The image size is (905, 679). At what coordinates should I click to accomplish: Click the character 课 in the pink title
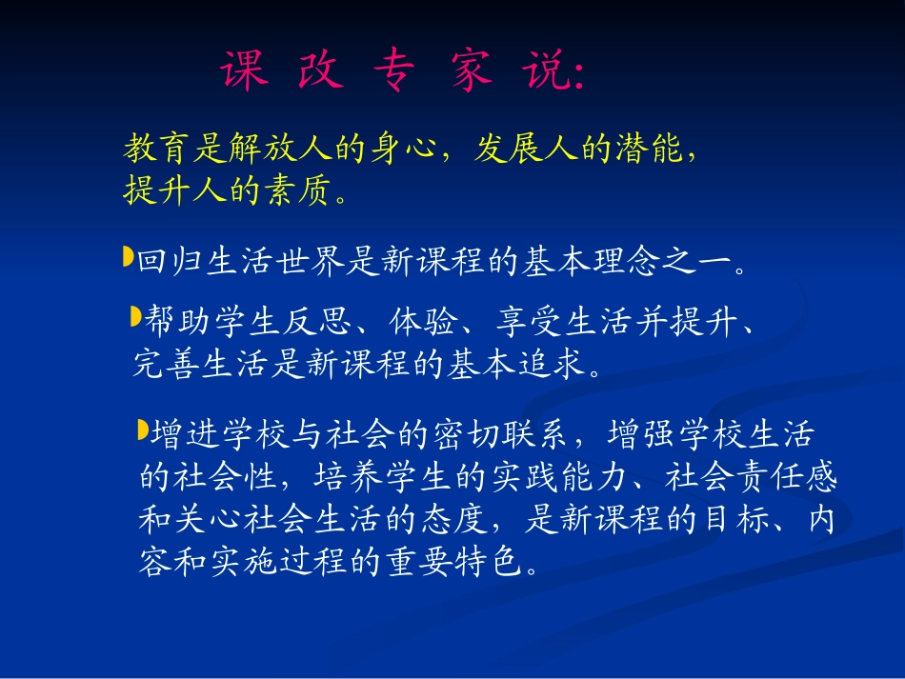[246, 72]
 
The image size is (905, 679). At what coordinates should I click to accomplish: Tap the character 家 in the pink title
[473, 72]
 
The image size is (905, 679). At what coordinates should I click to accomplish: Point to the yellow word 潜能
[650, 150]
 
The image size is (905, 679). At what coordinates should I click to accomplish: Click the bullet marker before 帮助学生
[135, 316]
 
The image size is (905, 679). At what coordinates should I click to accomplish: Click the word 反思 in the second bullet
[322, 324]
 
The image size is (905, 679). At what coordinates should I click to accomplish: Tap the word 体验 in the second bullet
[426, 324]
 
